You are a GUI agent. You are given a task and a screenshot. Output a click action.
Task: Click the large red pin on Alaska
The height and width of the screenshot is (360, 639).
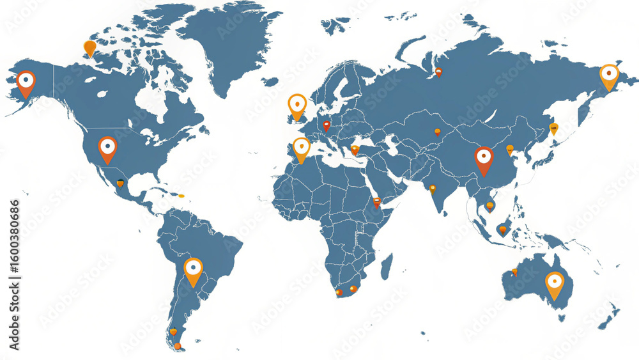point(26,82)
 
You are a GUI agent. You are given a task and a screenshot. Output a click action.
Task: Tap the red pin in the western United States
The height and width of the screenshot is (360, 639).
point(107,147)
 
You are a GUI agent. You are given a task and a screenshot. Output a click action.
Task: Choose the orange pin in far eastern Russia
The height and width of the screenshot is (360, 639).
point(609,75)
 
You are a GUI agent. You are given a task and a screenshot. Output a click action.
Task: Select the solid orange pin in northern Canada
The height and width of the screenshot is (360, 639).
point(89,47)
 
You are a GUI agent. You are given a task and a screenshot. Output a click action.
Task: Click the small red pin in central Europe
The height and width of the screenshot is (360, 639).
point(326,125)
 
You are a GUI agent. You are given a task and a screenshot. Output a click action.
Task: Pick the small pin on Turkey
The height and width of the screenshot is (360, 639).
point(355,150)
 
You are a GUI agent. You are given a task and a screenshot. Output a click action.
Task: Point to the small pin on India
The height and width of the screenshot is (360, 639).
point(433,189)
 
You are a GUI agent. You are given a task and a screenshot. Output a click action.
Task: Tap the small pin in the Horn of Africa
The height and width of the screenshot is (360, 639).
point(377,202)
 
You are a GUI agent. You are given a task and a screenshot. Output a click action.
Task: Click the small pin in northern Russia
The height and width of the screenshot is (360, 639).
point(438,72)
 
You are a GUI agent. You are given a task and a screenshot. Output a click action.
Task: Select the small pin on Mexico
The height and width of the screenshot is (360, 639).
point(120,183)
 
